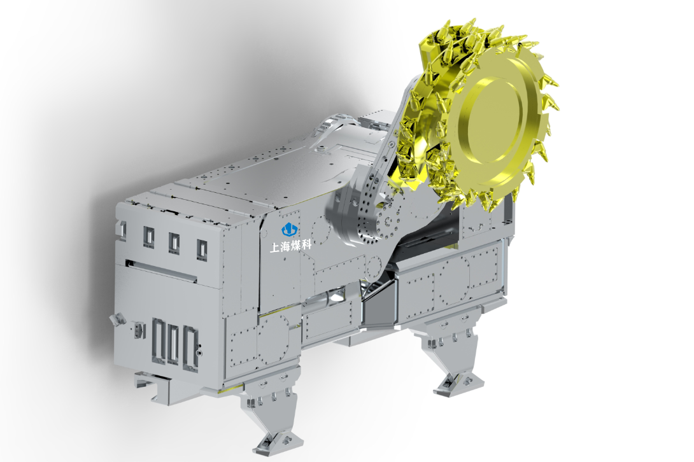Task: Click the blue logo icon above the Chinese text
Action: tap(290, 230)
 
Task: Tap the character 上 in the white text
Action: tap(275, 246)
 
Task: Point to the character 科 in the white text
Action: tap(306, 244)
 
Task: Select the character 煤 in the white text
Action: tap(295, 245)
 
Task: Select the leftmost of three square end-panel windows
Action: tap(149, 237)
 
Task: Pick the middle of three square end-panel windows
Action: tap(174, 243)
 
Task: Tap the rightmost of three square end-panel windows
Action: tap(201, 249)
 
